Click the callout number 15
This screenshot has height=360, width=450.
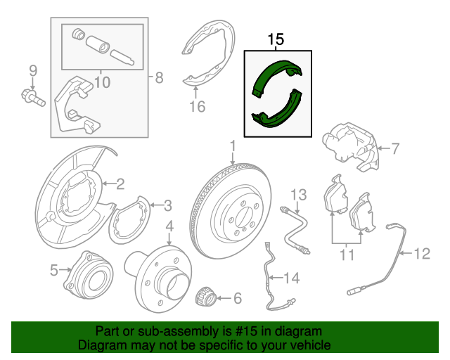[x=276, y=39]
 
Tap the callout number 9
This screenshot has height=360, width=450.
[x=32, y=70]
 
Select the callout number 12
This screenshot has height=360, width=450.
[x=421, y=254]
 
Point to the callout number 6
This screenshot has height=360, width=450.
[x=237, y=299]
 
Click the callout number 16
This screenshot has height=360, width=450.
[x=197, y=107]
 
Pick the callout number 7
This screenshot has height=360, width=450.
[x=394, y=148]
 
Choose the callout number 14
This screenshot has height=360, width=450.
[x=290, y=278]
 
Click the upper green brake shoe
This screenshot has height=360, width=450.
[x=278, y=77]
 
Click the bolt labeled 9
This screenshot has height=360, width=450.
[x=32, y=96]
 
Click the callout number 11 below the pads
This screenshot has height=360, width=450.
[x=347, y=255]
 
